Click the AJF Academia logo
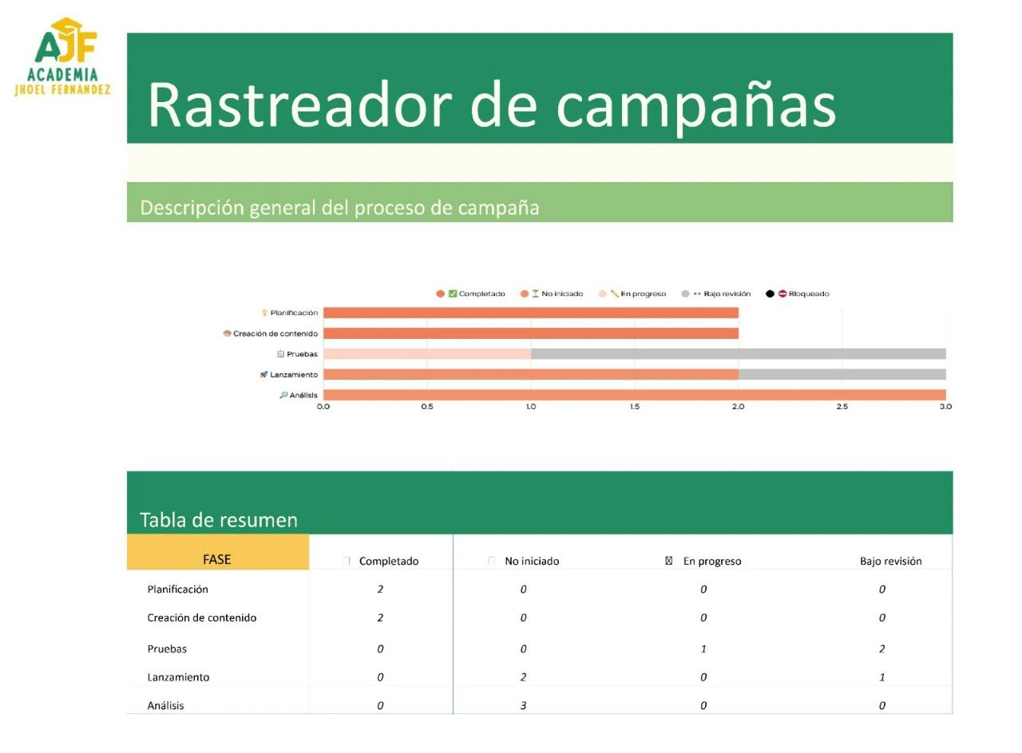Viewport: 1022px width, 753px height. (x=63, y=57)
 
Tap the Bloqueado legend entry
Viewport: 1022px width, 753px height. (x=798, y=294)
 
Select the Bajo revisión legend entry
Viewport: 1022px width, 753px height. (x=716, y=294)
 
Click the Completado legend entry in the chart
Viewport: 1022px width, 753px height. (x=471, y=294)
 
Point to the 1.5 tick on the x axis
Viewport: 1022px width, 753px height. (x=635, y=407)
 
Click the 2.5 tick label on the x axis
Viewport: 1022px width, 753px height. (x=842, y=407)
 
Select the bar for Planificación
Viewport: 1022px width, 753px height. (x=531, y=313)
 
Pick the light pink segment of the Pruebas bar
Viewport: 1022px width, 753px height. (x=427, y=354)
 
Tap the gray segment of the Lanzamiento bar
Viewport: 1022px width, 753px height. (x=842, y=375)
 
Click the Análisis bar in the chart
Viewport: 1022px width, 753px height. (x=635, y=395)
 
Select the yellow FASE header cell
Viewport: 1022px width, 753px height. (x=218, y=552)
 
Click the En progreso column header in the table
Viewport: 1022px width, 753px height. (x=712, y=561)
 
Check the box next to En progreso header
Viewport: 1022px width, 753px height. (x=669, y=561)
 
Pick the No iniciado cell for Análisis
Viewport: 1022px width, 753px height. (x=523, y=706)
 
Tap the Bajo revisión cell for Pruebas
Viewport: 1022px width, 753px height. (x=882, y=649)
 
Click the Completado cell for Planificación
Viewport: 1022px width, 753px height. (x=381, y=589)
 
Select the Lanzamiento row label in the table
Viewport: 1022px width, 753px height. (x=178, y=677)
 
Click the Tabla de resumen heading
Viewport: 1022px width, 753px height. (x=219, y=520)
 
